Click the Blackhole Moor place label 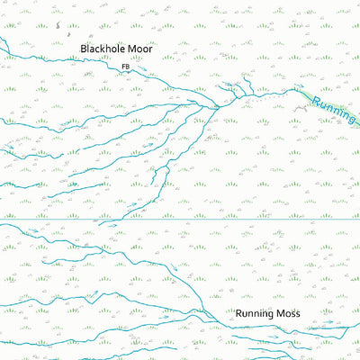tap(115, 48)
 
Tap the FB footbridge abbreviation tap(125, 67)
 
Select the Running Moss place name tap(267, 314)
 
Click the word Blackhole tap(100, 48)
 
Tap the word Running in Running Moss tap(256, 314)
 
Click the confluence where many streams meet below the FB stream tap(219, 107)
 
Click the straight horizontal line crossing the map tap(180, 220)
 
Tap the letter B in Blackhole tap(83, 48)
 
